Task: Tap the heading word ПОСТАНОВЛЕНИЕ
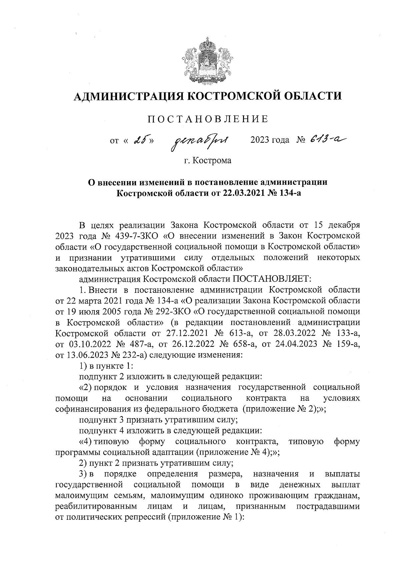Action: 207,119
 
